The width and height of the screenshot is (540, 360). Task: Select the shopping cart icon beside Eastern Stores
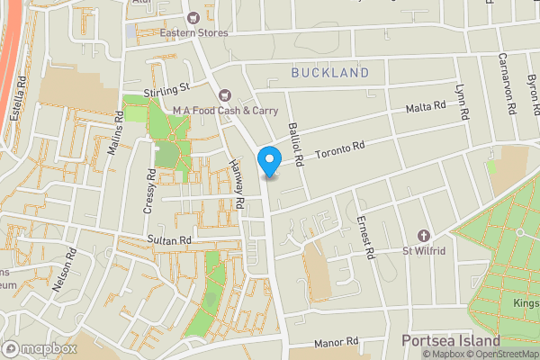pos(193,17)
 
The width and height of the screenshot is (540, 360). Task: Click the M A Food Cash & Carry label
pos(225,110)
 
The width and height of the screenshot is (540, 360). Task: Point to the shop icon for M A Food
pos(225,94)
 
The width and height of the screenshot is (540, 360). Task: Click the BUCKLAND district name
pos(330,72)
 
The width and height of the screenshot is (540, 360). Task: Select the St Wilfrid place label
pos(424,250)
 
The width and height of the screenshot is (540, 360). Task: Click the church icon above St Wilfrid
pos(424,235)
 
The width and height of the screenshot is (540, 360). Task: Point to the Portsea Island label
pos(450,342)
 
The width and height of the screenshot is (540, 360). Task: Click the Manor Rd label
pos(337,344)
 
